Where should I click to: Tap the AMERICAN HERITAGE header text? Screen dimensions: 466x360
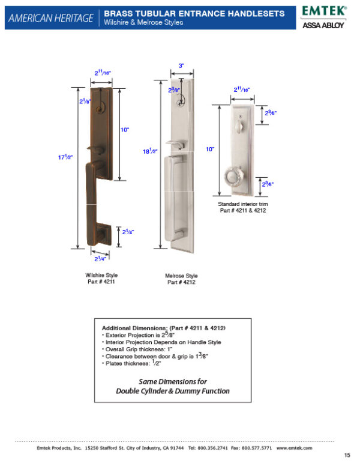[x=50, y=19]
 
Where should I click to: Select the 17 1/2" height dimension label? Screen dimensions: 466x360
[x=65, y=157]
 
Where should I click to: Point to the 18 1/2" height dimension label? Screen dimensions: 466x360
[x=151, y=152]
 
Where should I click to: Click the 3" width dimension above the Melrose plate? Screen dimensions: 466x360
[x=181, y=65]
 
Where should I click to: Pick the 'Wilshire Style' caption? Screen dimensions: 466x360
[x=101, y=275]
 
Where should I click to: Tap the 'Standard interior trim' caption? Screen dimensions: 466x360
[x=242, y=204]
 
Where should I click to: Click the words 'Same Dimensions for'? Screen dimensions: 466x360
[x=173, y=381]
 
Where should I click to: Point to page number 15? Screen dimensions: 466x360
[x=347, y=455]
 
